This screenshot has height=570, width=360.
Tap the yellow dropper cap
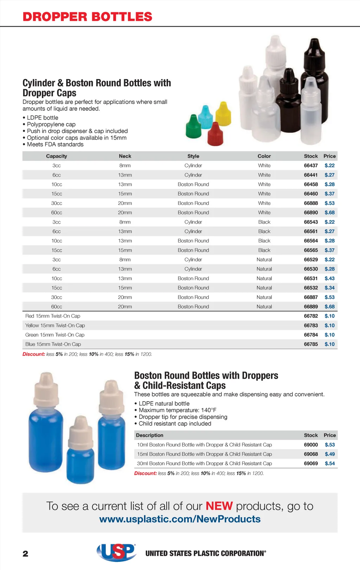(223, 114)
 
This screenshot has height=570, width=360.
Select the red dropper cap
(216, 134)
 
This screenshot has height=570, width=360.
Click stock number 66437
(311, 166)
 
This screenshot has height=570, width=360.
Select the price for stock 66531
(329, 278)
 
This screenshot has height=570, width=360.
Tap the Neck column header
(125, 156)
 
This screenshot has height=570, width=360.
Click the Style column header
(193, 156)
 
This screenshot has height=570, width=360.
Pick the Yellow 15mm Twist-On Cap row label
(55, 326)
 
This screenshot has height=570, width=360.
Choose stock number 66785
(311, 344)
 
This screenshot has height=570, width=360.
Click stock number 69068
(311, 454)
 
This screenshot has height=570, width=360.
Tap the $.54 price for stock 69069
(330, 463)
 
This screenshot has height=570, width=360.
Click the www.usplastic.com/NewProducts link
(180, 519)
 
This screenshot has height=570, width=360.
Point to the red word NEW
(219, 506)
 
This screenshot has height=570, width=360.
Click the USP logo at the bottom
(116, 552)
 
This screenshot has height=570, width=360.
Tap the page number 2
(25, 554)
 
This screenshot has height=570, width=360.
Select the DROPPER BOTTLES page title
(87, 17)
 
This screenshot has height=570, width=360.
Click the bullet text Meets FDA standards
(55, 145)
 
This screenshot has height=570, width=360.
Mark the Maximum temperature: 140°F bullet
(177, 410)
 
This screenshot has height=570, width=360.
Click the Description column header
(149, 435)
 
